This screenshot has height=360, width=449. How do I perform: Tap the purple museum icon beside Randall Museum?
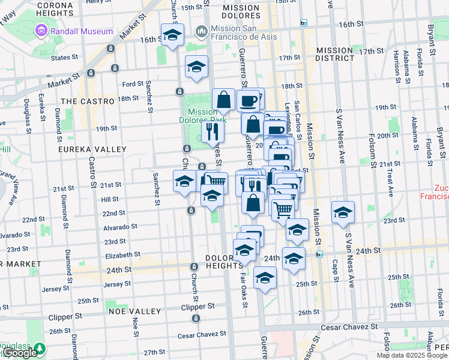[x=41, y=30]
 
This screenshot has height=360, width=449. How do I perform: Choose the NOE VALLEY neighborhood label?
[x=135, y=311]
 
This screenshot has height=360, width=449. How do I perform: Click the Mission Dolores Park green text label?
[x=202, y=116]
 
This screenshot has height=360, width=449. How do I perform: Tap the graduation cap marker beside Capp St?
[x=343, y=212]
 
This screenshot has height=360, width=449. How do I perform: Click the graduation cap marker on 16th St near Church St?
[x=172, y=35]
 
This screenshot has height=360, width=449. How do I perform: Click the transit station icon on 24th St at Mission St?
[x=319, y=254]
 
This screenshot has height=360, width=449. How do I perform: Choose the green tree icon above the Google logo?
[x=40, y=347]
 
